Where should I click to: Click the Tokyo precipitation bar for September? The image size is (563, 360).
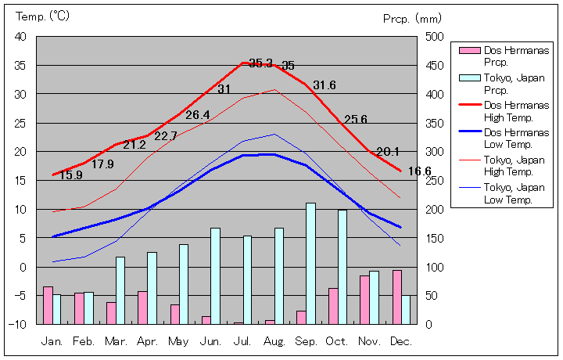310,263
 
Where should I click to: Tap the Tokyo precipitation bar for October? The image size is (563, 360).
342,266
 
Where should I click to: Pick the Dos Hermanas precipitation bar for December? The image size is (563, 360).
397,297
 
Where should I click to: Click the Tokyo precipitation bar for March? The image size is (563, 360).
120,290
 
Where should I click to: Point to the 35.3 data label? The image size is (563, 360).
260,63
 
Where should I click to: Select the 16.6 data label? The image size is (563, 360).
420,171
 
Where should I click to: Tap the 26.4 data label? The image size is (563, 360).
197,115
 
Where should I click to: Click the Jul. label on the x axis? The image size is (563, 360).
243,342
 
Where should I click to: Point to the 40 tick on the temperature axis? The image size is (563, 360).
20,37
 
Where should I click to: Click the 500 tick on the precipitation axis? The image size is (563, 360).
435,37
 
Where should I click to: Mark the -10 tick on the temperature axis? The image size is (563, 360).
19,324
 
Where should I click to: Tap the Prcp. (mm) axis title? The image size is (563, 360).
412,17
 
